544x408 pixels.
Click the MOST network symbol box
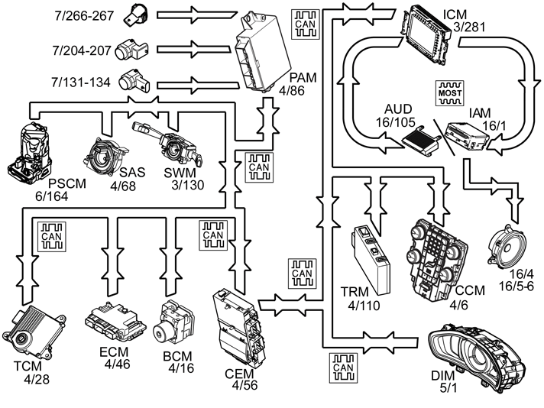point(450,93)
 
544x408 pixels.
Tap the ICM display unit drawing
point(427,34)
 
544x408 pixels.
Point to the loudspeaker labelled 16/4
point(507,247)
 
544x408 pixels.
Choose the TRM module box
point(371,261)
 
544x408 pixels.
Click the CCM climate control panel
point(437,261)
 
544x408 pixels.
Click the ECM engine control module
point(115,321)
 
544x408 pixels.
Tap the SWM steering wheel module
point(167,145)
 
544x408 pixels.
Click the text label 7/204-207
point(82,50)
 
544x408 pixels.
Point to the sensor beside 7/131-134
point(134,80)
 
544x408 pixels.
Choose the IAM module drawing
point(468,136)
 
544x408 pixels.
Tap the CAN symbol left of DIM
point(343,368)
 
